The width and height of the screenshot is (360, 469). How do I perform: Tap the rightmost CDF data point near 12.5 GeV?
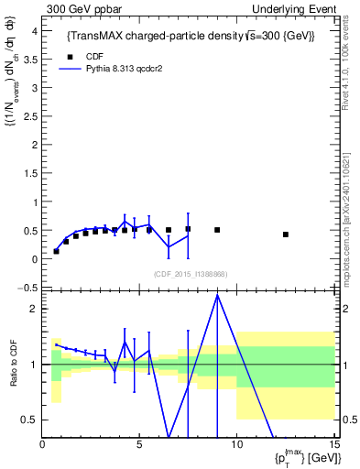point(286,234)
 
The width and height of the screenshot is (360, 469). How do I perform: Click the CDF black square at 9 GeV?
point(217,230)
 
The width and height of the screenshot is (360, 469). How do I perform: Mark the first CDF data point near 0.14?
point(57,251)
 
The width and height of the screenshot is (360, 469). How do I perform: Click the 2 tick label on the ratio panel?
point(33,309)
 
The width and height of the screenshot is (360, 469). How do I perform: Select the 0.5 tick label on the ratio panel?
point(30,420)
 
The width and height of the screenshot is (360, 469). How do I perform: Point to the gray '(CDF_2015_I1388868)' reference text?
point(191,274)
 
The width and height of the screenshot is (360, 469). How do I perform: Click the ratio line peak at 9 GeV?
point(217,295)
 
